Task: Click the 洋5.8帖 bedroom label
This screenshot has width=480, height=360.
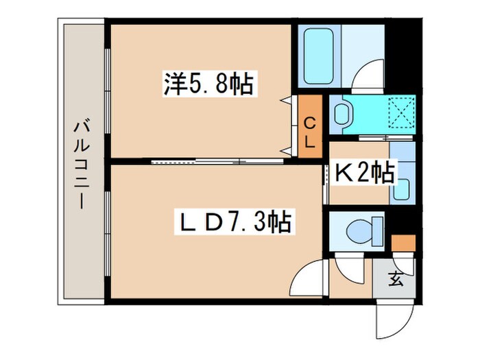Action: (x=208, y=84)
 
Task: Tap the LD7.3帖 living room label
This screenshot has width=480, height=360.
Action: (x=233, y=221)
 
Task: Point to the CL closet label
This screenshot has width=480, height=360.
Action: (x=310, y=133)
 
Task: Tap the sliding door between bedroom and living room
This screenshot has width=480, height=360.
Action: (x=216, y=163)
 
